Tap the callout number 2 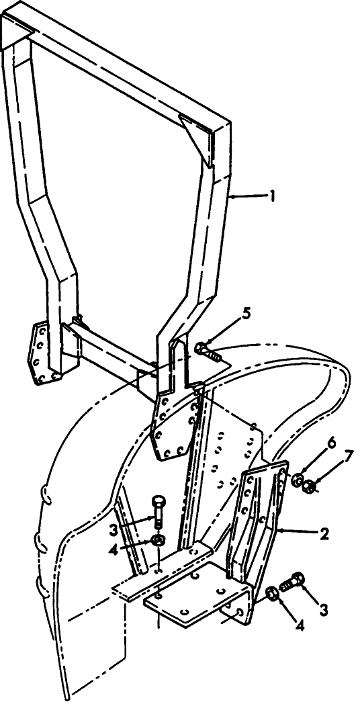324,534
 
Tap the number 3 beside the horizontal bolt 323,609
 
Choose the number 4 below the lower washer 300,625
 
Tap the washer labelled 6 297,480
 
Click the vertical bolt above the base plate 158,511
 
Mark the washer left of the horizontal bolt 271,593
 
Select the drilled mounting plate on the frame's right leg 175,425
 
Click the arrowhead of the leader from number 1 232,196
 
